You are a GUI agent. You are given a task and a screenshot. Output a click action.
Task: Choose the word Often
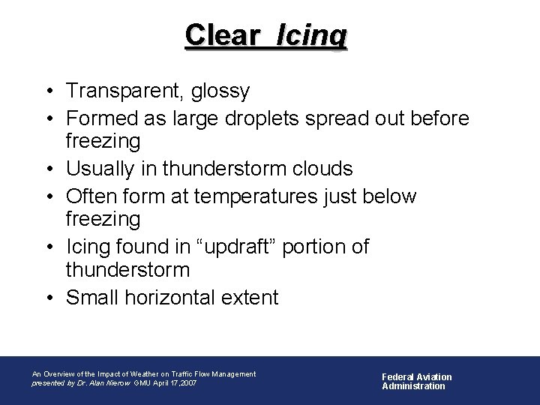[x=90, y=197]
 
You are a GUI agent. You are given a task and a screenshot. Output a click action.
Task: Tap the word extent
[x=251, y=298]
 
